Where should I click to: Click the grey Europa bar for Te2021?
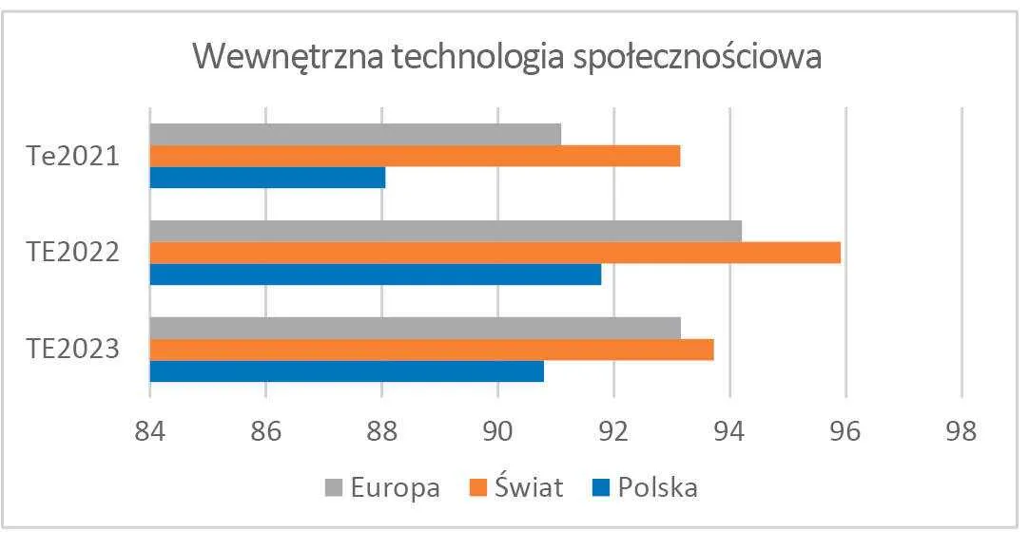point(355,134)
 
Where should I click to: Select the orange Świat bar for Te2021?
point(415,156)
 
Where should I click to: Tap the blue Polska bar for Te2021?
point(267,178)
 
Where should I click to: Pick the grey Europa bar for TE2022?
point(445,231)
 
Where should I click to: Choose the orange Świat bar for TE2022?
point(495,253)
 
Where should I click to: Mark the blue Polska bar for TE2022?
point(375,275)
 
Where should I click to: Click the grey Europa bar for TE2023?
point(415,328)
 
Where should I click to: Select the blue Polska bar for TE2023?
point(346,371)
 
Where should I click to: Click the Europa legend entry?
point(382,488)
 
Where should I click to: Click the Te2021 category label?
point(72,156)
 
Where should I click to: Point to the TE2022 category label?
point(72,253)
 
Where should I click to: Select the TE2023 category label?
point(72,350)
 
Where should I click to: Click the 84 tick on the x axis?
point(150,430)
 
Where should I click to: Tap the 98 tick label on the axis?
point(961,430)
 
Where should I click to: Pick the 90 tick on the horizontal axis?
point(497,430)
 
